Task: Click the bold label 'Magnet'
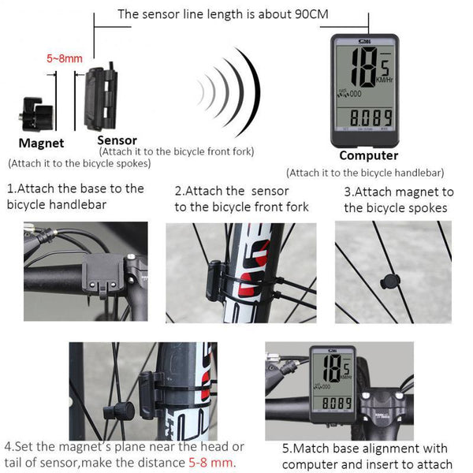click(x=41, y=143)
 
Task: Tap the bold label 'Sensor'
click(x=117, y=140)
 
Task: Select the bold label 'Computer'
click(x=368, y=155)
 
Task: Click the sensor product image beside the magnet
click(x=100, y=99)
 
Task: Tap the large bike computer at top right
click(x=368, y=88)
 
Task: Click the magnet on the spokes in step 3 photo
click(x=386, y=282)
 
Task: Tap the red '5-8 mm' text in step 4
click(x=211, y=463)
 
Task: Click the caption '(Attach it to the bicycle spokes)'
click(x=79, y=164)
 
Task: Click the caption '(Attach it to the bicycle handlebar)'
click(x=365, y=173)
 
